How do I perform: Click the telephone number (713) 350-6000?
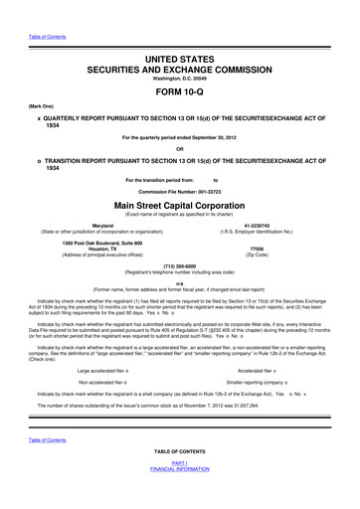[x=180, y=266]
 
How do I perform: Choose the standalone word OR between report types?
[x=180, y=152]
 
